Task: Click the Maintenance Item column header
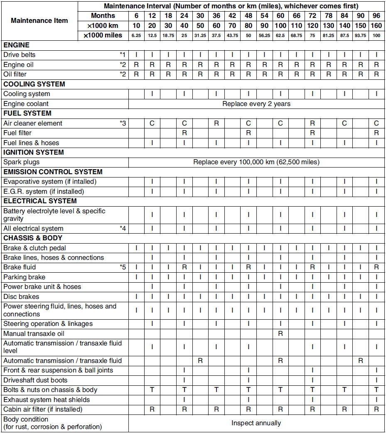(39, 21)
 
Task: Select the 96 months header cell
(376, 16)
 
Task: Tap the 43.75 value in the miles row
(232, 36)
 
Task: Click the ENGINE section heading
(16, 45)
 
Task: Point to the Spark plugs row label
(22, 162)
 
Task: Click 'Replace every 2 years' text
(256, 104)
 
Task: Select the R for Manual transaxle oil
(280, 333)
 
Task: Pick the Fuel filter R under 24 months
(184, 133)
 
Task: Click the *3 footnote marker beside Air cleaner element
(123, 123)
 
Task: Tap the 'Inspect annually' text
(256, 423)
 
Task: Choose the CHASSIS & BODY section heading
(33, 238)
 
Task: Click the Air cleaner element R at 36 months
(216, 123)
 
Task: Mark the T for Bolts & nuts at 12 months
(152, 390)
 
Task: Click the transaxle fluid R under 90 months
(361, 360)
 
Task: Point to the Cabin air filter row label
(43, 409)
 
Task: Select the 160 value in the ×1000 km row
(376, 26)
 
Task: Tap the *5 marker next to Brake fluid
(123, 267)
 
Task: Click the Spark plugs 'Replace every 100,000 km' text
(256, 162)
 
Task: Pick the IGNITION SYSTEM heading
(34, 152)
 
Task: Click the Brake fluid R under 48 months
(248, 267)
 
